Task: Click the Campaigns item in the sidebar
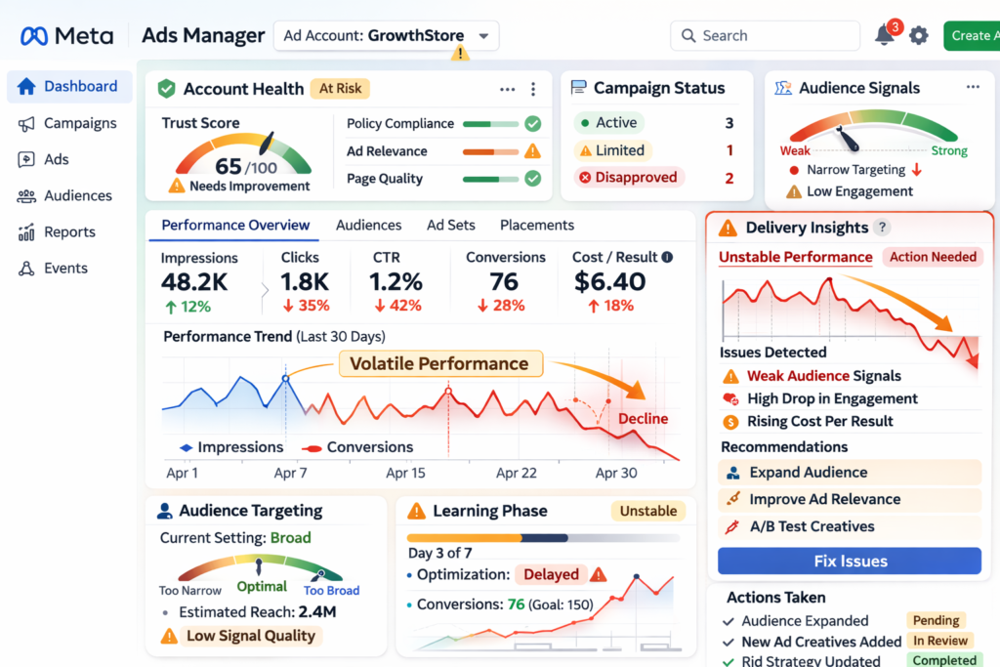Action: click(80, 123)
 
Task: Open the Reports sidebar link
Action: click(69, 232)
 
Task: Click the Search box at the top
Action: click(765, 36)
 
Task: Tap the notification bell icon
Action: click(885, 36)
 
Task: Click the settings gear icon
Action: click(919, 36)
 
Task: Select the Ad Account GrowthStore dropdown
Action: click(386, 36)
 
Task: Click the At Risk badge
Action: click(340, 89)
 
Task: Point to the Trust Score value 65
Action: click(229, 166)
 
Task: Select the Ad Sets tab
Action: click(451, 225)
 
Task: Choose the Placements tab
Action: click(537, 225)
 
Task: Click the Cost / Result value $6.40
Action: click(610, 282)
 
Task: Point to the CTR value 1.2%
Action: click(396, 282)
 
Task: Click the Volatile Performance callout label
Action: click(438, 364)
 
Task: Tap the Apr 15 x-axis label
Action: click(405, 473)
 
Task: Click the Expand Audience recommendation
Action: click(809, 473)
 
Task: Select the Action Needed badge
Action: click(933, 257)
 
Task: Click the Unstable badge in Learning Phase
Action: click(648, 511)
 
